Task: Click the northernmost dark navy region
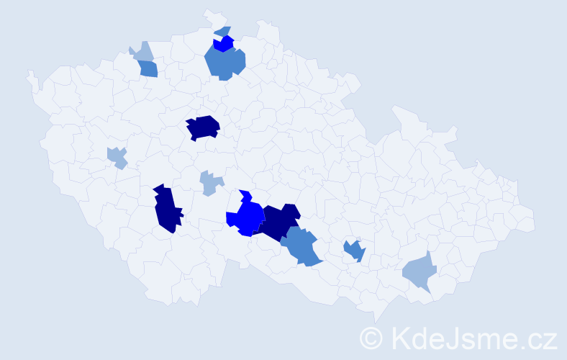coord(203,127)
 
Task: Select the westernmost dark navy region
coord(166,209)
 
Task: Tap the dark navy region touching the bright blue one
coord(279,221)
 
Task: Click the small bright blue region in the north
coord(224,44)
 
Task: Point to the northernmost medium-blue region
coord(223,31)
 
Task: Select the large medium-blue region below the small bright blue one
coord(224,63)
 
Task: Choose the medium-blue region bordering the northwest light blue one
coord(148,69)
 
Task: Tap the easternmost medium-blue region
coord(354,251)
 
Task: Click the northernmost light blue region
coord(142,53)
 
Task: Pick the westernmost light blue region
coord(117,156)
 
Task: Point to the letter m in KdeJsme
coord(490,339)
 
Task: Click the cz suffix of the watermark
coord(542,339)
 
